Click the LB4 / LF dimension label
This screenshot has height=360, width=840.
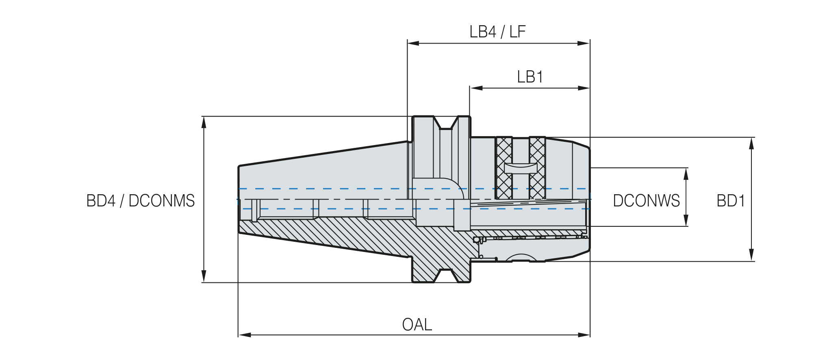497,32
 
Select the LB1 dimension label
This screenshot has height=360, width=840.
530,77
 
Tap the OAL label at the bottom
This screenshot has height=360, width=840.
417,324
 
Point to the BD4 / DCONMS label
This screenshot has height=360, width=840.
141,201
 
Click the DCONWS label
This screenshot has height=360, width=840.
646,201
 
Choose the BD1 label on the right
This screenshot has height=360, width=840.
731,201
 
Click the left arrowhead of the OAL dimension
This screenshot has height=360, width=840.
244,335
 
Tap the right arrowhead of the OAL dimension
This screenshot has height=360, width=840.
584,335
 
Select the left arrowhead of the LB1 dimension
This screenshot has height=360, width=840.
476,88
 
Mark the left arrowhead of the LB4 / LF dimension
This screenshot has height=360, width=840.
414,43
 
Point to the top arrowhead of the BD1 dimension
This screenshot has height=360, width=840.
751,143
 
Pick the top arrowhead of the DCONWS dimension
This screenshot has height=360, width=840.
686,174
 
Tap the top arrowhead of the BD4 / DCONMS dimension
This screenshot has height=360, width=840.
204,122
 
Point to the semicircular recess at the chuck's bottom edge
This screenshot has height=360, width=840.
521,257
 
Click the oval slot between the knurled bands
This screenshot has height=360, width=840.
521,168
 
